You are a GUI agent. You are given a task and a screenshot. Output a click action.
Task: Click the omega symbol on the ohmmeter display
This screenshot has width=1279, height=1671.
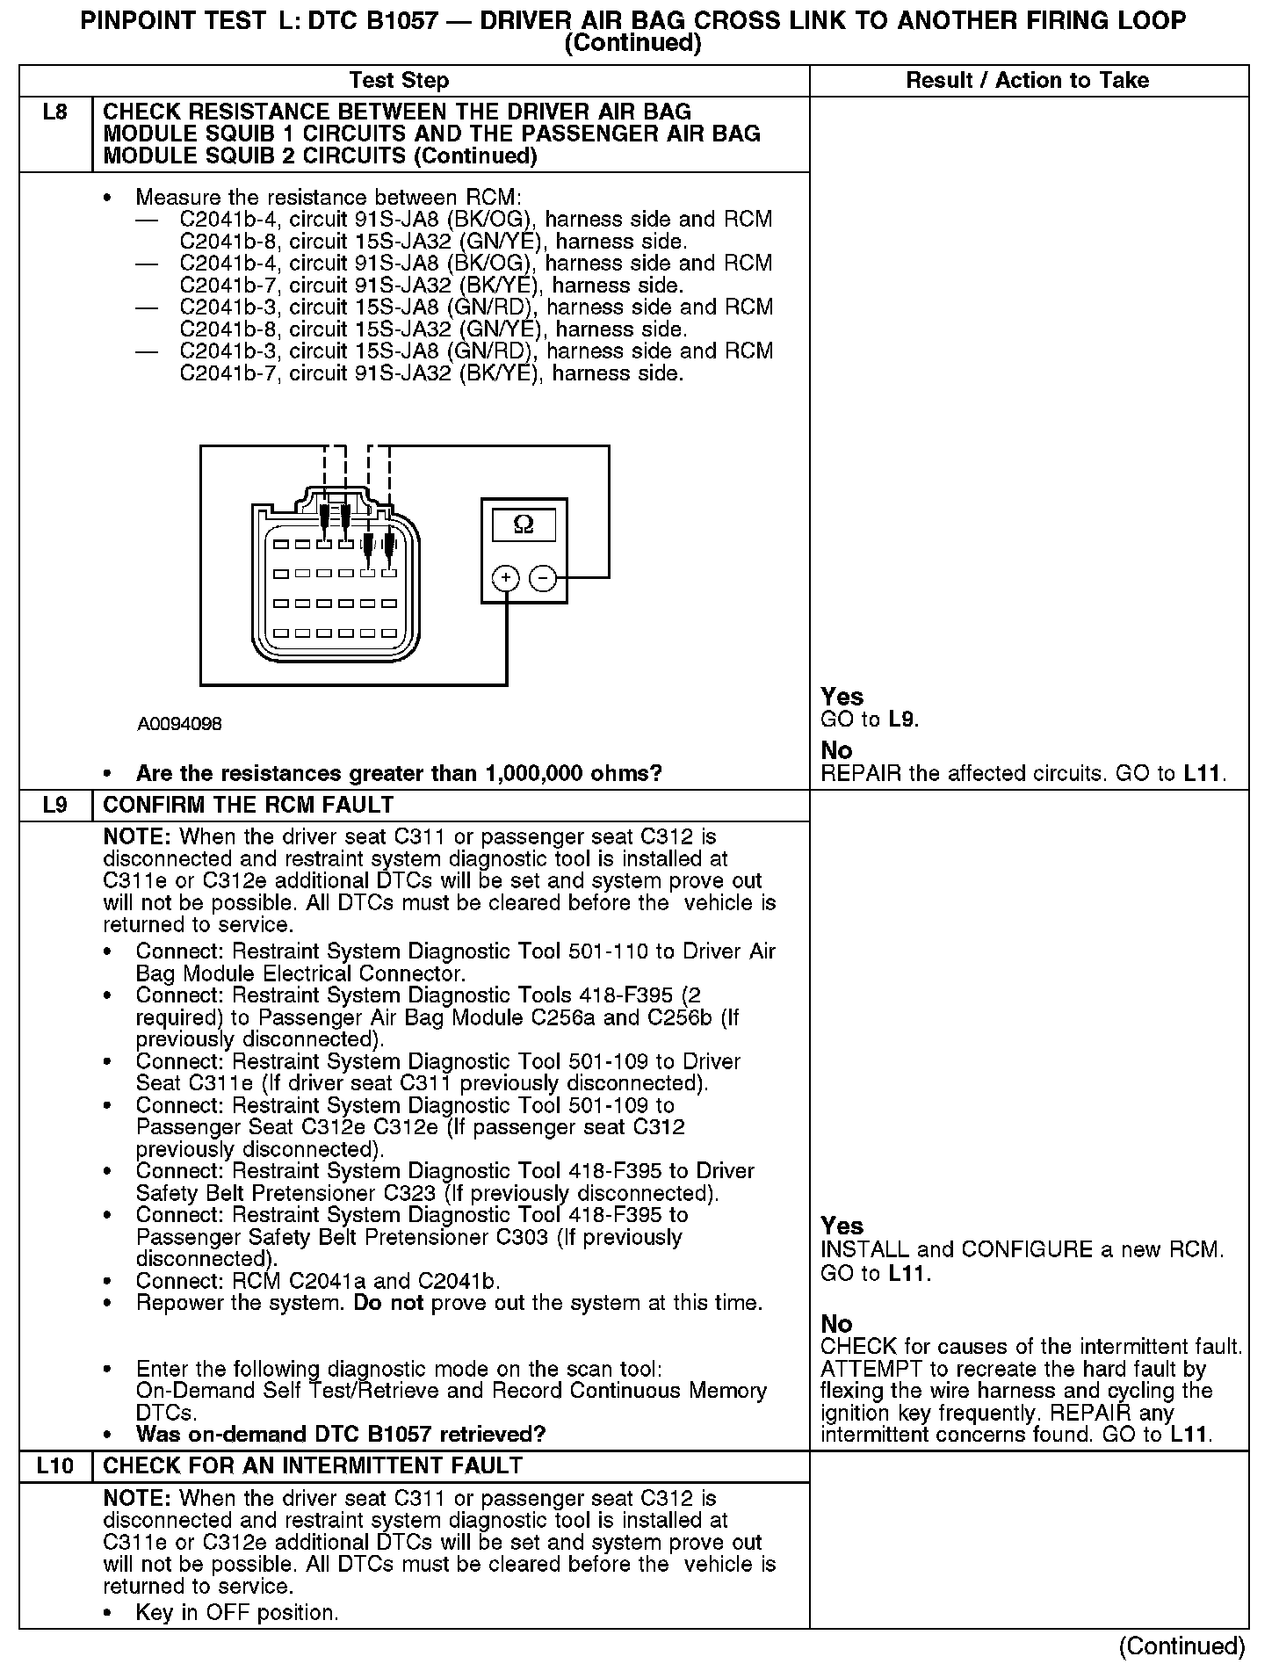point(523,524)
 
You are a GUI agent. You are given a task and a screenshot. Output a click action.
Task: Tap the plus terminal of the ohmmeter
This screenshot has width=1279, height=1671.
point(506,577)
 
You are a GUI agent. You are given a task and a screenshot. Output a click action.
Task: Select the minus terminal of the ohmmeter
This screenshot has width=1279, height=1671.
point(543,577)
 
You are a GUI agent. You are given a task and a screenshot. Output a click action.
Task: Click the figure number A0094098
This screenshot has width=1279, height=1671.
point(179,724)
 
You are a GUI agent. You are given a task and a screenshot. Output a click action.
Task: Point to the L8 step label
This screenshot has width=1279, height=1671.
point(55,112)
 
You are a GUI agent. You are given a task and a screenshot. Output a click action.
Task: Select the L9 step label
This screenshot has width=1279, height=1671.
point(55,805)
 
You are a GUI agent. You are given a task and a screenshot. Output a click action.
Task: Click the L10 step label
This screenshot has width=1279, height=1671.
point(55,1465)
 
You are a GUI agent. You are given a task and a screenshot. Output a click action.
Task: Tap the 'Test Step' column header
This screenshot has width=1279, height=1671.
point(399,81)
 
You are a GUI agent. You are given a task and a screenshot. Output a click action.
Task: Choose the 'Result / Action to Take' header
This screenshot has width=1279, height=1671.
point(1027,81)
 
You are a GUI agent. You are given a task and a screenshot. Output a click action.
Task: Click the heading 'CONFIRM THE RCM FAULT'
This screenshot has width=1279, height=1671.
point(249,805)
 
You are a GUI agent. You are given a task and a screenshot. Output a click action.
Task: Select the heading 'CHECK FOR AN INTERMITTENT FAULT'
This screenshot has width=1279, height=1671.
point(313,1465)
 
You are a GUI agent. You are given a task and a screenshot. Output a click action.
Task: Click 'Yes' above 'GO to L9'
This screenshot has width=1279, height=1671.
point(842,697)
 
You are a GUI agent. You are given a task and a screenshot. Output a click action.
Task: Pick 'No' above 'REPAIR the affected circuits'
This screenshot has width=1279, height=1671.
point(836,750)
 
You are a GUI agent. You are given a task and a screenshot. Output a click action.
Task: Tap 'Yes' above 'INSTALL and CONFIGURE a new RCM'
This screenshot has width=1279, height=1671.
point(842,1226)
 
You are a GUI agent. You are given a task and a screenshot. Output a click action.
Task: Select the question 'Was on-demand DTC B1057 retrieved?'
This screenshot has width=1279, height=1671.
point(341,1435)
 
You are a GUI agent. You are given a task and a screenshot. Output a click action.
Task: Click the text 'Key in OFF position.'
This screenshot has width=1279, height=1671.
point(236,1613)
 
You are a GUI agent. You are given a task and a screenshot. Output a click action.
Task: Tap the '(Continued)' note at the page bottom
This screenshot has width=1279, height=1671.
point(1182,1646)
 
